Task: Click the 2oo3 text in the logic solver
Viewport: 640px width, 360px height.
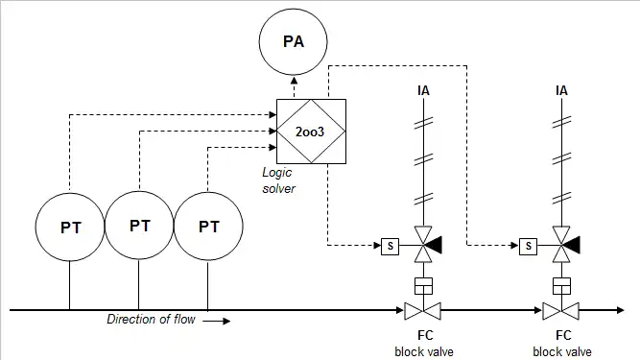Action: (x=310, y=132)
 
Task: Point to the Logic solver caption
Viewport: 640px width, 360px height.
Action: (x=278, y=180)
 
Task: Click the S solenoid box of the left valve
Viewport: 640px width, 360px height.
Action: (x=390, y=246)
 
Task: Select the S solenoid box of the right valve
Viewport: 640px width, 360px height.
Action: (x=528, y=246)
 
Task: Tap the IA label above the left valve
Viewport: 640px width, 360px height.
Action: (x=423, y=90)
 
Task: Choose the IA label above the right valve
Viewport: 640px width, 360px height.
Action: (x=561, y=90)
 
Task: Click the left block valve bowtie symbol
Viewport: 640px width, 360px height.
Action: (x=423, y=311)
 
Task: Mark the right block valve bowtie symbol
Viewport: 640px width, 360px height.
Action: (x=560, y=311)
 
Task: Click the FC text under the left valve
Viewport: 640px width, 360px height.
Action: (x=425, y=335)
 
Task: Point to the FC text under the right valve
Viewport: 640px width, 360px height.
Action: (x=563, y=335)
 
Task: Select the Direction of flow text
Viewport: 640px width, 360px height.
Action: (x=151, y=319)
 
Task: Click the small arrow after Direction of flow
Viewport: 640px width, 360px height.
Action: (x=216, y=322)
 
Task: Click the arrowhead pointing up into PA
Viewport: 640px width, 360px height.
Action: (x=294, y=80)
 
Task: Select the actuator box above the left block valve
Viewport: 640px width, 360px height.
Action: (x=423, y=286)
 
